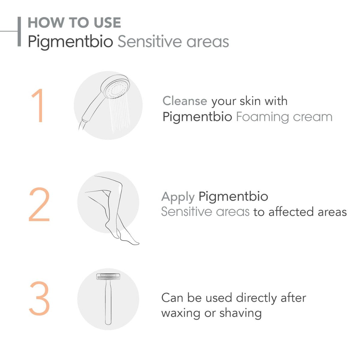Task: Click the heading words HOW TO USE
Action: [x=74, y=23]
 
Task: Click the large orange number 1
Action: [x=38, y=106]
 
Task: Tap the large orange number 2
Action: [x=39, y=205]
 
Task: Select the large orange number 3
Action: [x=39, y=299]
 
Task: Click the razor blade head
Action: [x=108, y=277]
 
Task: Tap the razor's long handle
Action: [x=108, y=303]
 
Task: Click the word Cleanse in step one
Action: [x=185, y=101]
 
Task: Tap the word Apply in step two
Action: [x=178, y=197]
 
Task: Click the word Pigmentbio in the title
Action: [x=70, y=42]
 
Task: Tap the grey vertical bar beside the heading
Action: [x=19, y=32]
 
